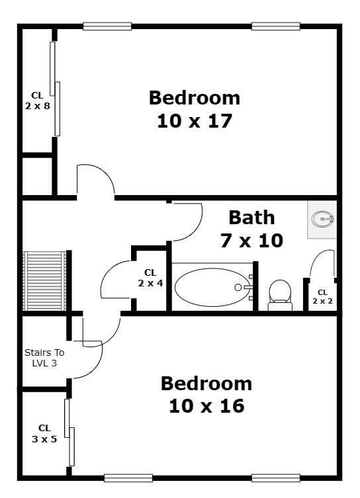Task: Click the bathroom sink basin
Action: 322,219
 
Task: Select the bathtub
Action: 212,288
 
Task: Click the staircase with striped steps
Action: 44,281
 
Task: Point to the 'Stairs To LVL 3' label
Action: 44,358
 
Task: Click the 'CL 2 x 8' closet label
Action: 38,101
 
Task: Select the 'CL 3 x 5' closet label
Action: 44,434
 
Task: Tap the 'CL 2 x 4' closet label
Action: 150,278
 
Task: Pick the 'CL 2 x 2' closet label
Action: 322,297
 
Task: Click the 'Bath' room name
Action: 251,218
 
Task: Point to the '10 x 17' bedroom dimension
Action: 195,121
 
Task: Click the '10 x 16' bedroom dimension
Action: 206,406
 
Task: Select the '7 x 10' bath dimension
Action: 251,241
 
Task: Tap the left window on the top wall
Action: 107,26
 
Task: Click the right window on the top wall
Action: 276,26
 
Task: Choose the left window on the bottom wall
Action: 128,477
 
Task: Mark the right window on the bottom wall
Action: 276,477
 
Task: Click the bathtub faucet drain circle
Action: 238,288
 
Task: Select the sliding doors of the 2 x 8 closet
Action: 55,89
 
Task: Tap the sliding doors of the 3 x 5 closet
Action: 69,433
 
